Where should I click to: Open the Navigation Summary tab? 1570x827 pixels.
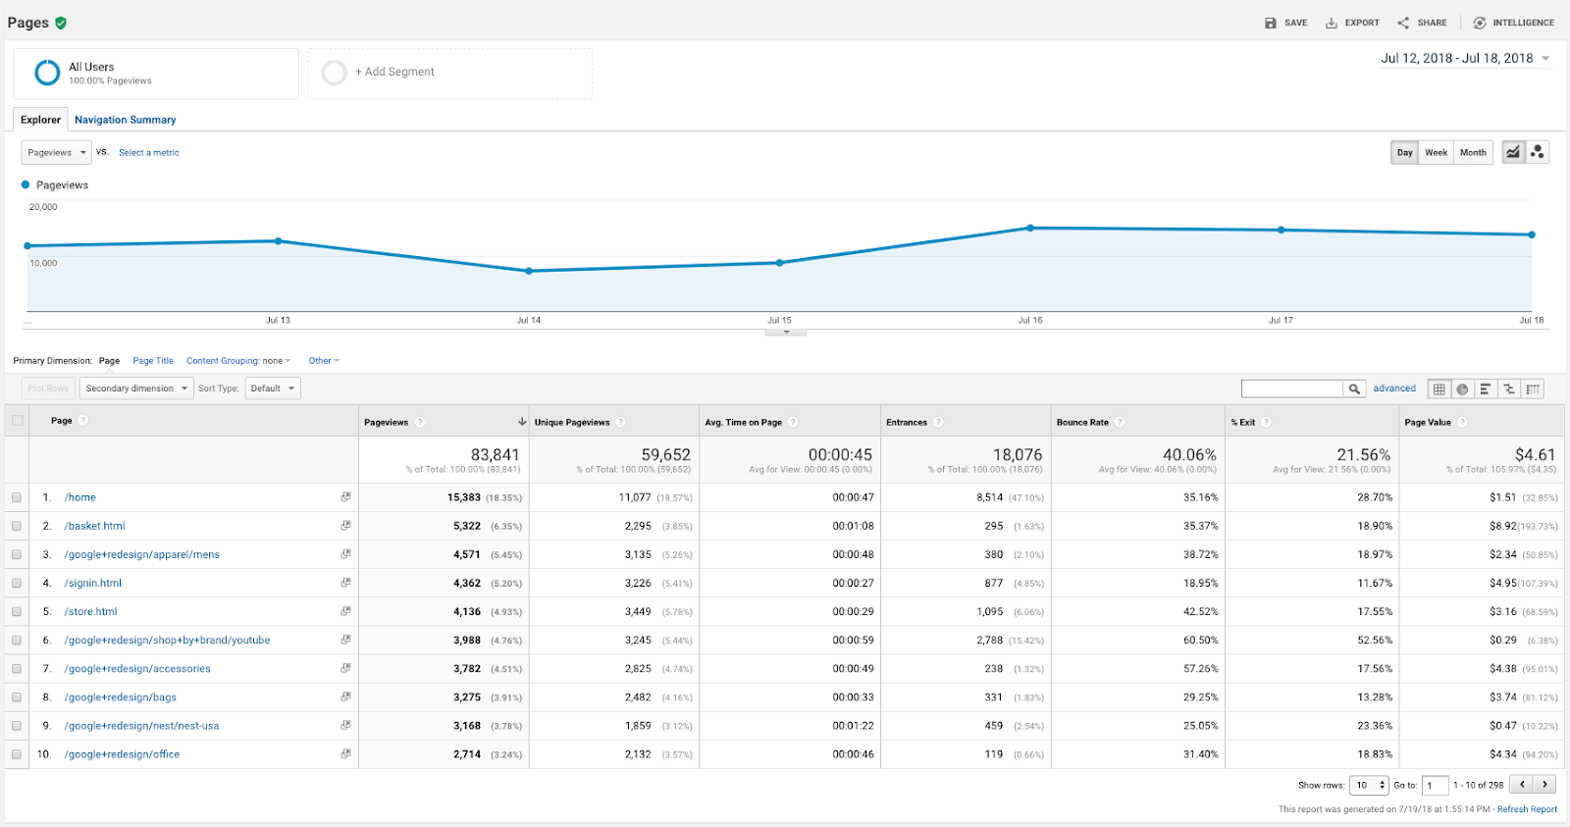pos(126,120)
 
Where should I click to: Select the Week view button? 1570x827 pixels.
pos(1436,152)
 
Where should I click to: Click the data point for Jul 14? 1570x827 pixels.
pos(529,271)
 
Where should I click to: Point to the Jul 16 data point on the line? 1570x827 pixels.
pos(1030,228)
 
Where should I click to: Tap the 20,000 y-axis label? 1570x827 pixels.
pos(43,207)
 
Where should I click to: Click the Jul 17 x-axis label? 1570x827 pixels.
pos(1281,320)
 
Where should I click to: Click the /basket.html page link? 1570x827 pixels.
pos(95,526)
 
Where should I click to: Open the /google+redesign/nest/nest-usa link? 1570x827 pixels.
pos(141,726)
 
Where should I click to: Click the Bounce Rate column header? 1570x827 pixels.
pos(1082,422)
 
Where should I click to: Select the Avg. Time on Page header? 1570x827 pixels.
pos(743,422)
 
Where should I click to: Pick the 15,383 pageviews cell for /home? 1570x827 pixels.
pos(464,497)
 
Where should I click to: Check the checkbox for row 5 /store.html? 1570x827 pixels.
pos(17,611)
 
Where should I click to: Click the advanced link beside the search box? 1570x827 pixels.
pos(1394,388)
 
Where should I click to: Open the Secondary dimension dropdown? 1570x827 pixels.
pos(135,388)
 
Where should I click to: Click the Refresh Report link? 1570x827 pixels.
pos(1527,809)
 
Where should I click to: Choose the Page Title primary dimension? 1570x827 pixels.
pos(153,361)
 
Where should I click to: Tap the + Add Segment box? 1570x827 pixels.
pos(449,73)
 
